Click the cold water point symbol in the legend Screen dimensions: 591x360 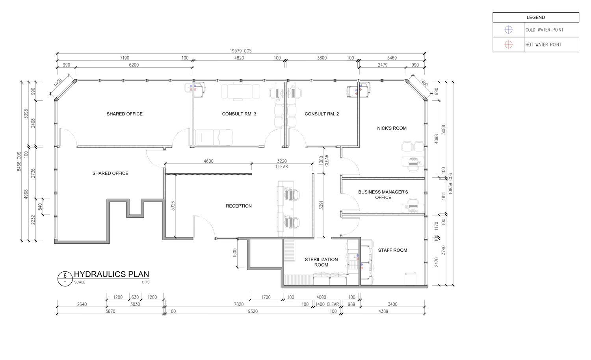(x=508, y=30)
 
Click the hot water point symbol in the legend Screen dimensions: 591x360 (x=508, y=45)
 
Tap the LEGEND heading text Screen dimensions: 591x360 (x=535, y=17)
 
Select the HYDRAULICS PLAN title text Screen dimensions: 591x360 (x=112, y=274)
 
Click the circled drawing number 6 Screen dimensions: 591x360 (x=65, y=279)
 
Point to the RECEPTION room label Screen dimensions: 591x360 (x=239, y=206)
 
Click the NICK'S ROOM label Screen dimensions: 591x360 (x=392, y=128)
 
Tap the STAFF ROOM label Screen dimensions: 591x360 (x=392, y=250)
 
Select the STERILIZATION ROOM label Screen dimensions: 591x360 (x=322, y=262)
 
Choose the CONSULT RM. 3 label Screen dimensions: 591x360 (x=239, y=114)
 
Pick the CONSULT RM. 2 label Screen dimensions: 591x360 (x=322, y=114)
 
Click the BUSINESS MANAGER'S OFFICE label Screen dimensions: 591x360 (x=383, y=195)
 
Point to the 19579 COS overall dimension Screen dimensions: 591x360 (x=241, y=51)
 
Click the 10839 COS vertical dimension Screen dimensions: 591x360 (x=450, y=184)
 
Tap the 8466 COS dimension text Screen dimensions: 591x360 (x=19, y=161)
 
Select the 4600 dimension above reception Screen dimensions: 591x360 (x=208, y=161)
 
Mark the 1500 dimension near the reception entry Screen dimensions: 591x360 (x=235, y=253)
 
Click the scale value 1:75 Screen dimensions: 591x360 (x=145, y=282)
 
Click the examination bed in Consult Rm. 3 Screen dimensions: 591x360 (x=214, y=137)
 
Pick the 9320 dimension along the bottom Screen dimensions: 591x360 (x=253, y=312)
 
